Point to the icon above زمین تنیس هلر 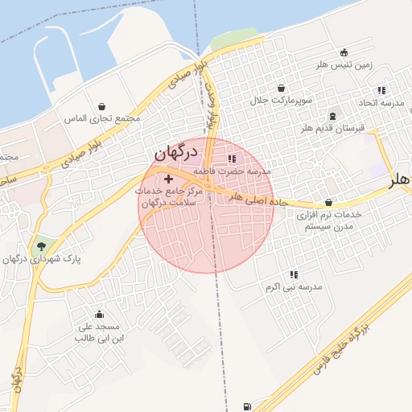(x=344, y=52)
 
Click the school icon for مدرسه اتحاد (x=381, y=90)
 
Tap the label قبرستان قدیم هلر (x=332, y=129)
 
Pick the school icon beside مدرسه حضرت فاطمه (x=232, y=159)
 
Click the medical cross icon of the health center (x=167, y=178)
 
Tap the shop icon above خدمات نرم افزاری (x=328, y=202)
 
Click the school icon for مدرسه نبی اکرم (x=294, y=274)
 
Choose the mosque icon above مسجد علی (x=99, y=314)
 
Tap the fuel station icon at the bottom (x=245, y=405)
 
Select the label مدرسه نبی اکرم (x=294, y=287)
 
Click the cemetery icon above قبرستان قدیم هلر (x=333, y=115)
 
